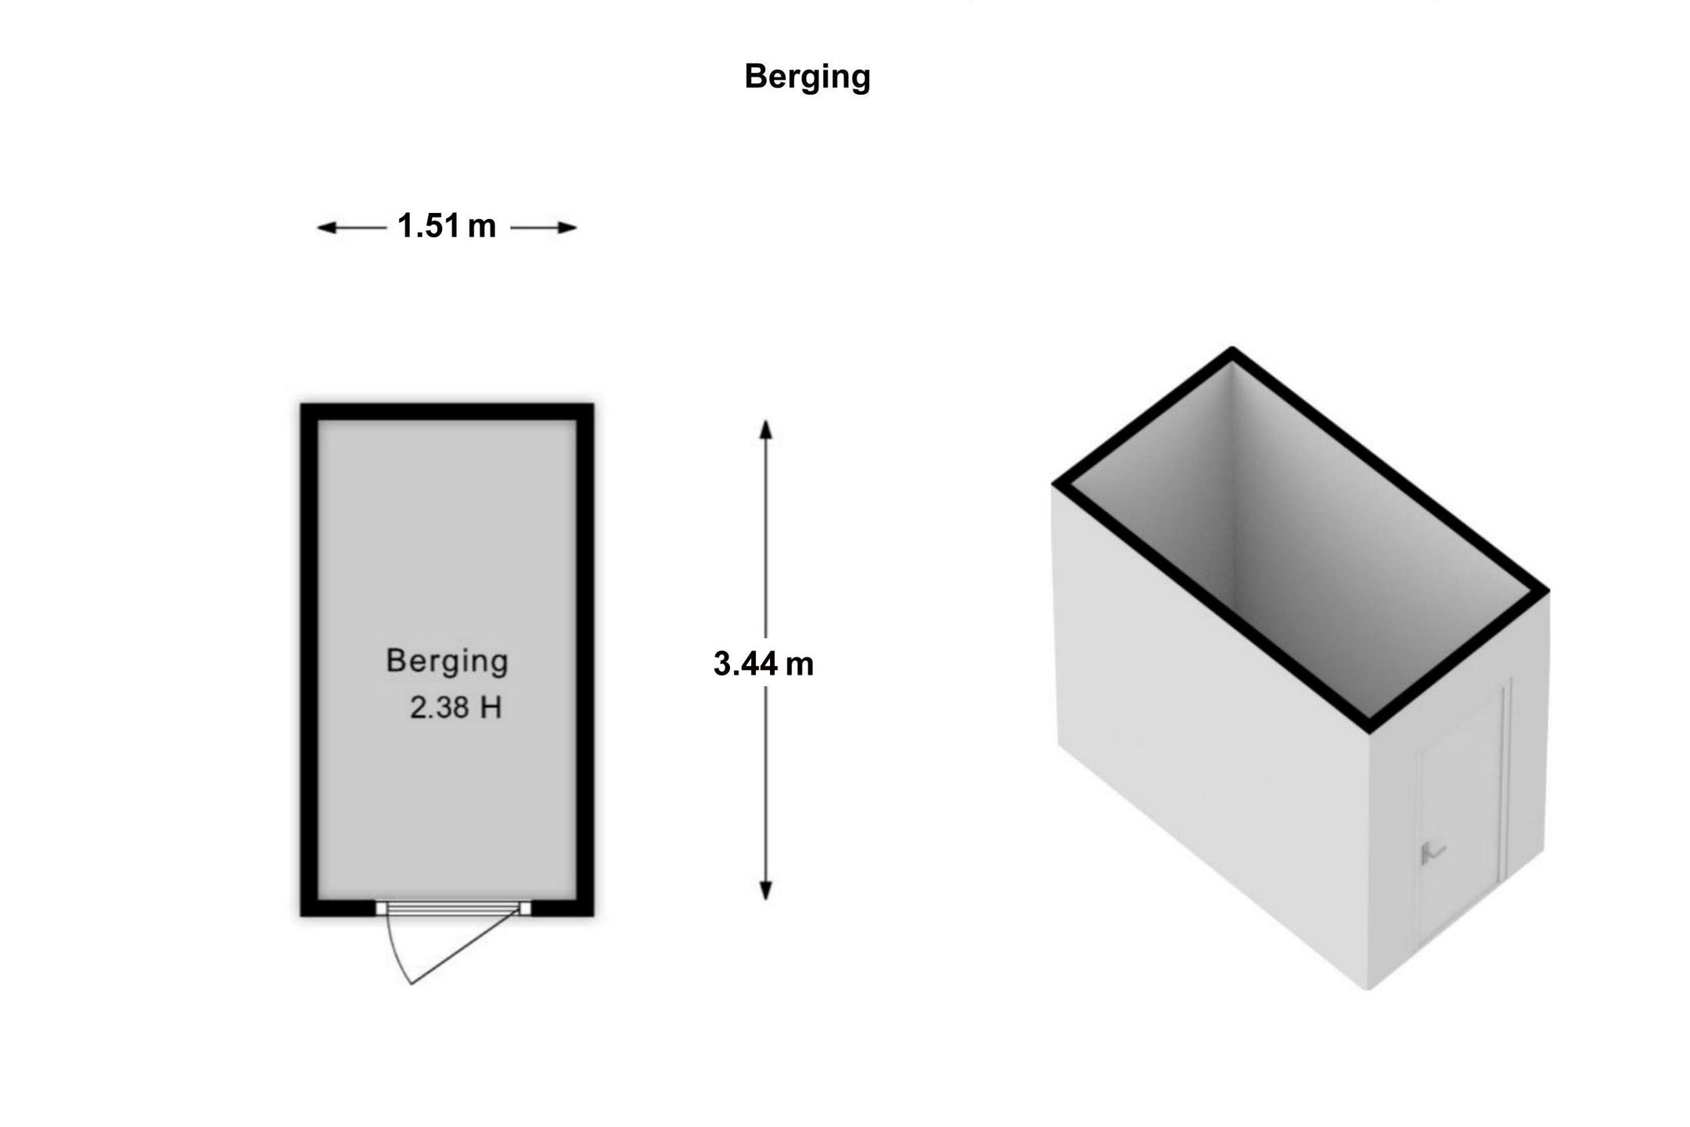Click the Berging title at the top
[x=807, y=77]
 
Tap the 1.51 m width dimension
[x=447, y=226]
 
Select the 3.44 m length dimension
[x=764, y=664]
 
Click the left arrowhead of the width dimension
[x=327, y=228]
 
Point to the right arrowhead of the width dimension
[x=566, y=228]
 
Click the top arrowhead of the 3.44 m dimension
[x=766, y=430]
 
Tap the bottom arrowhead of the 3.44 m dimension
[x=766, y=890]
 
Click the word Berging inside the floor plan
[x=447, y=662]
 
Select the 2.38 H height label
[x=455, y=708]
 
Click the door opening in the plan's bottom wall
[x=453, y=908]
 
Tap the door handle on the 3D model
[x=1433, y=852]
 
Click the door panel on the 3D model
[x=1461, y=819]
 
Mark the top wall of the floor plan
[x=447, y=412]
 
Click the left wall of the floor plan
[x=310, y=660]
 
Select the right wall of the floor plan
[x=585, y=660]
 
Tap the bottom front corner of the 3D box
[x=1368, y=988]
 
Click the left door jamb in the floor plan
[x=381, y=908]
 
